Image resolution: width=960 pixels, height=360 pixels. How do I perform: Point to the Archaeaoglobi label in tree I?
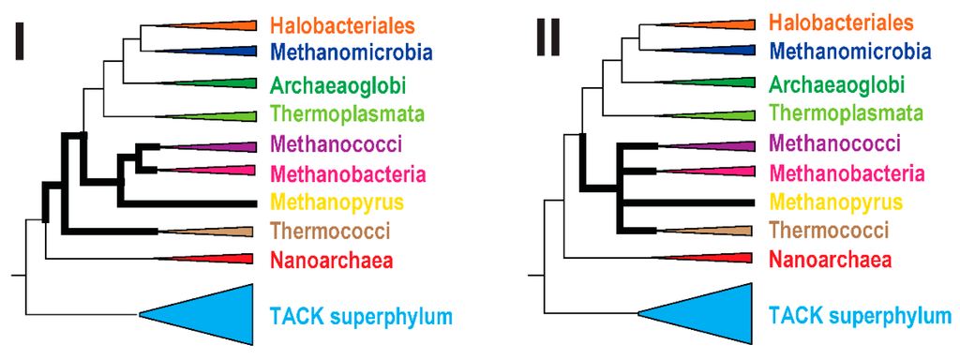pyautogui.click(x=337, y=86)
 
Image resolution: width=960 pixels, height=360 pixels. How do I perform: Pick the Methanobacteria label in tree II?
pyautogui.click(x=847, y=172)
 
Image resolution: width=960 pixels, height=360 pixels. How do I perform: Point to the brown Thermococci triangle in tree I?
pyautogui.click(x=231, y=232)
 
